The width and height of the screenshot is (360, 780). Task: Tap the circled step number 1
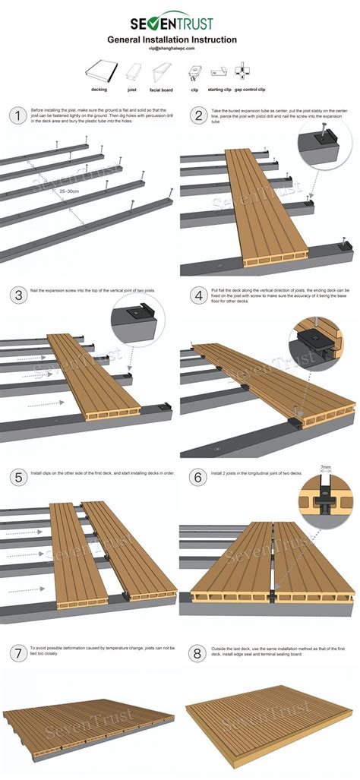(16, 116)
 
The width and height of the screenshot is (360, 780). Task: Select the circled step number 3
(16, 295)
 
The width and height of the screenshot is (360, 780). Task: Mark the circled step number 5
(16, 477)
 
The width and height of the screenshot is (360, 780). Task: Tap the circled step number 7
(16, 653)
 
